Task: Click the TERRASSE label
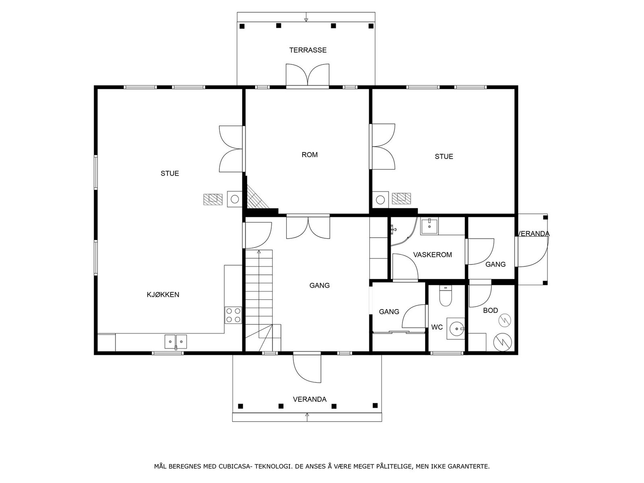308,50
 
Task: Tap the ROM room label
310,155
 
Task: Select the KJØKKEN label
163,295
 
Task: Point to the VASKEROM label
432,254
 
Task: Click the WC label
437,327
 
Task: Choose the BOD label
491,310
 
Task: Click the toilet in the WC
446,296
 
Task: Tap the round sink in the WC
456,328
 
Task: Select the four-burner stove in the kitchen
233,315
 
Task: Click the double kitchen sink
175,342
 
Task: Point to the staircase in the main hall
259,300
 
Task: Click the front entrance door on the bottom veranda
307,368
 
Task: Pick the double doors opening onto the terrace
308,76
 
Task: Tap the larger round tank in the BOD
503,342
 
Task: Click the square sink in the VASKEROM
429,226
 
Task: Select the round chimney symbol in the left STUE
235,199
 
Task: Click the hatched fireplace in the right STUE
401,198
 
